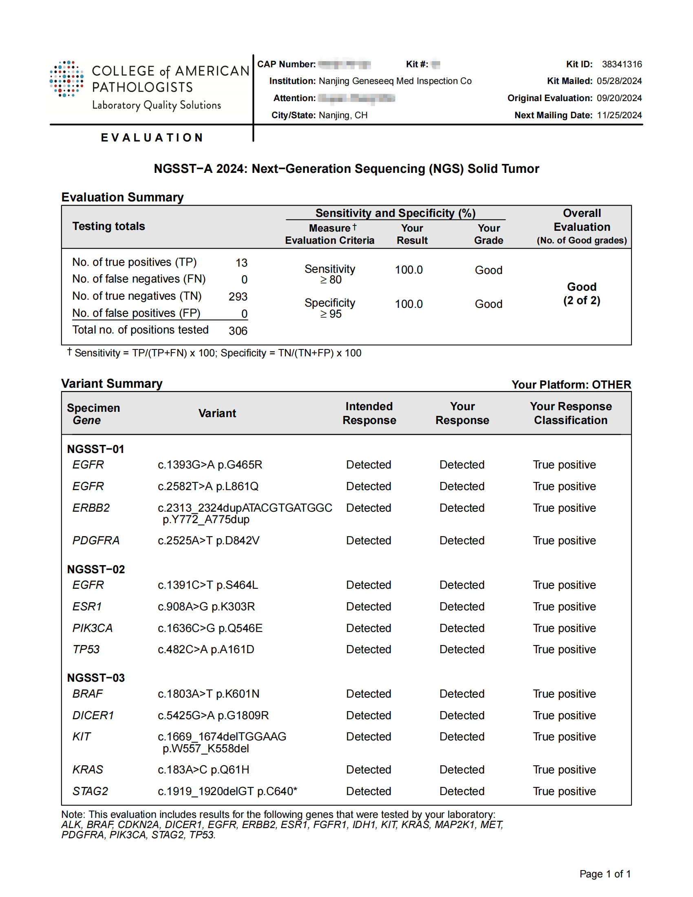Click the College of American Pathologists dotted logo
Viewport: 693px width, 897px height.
click(x=66, y=79)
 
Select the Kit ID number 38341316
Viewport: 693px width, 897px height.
click(x=622, y=64)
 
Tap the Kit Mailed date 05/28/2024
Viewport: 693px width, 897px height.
click(x=619, y=81)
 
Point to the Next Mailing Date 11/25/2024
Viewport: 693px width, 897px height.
click(x=619, y=115)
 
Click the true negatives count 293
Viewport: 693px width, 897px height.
click(x=238, y=296)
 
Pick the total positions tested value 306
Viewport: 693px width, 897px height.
click(x=238, y=331)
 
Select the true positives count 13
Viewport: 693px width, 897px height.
click(x=241, y=263)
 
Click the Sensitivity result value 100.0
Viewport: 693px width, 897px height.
click(x=408, y=270)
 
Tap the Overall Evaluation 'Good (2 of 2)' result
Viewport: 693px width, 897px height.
click(x=581, y=294)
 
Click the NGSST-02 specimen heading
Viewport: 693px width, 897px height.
click(x=96, y=569)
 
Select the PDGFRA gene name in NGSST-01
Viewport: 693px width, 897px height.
click(x=96, y=541)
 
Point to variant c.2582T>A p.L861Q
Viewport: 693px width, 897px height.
click(x=208, y=486)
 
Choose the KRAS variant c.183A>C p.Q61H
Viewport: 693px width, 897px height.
click(x=203, y=770)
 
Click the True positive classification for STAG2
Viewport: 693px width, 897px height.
click(x=564, y=791)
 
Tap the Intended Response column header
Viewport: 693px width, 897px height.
click(x=369, y=413)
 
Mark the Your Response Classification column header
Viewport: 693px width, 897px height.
click(x=570, y=413)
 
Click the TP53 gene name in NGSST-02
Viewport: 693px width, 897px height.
click(x=86, y=650)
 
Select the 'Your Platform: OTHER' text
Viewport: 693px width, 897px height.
click(x=571, y=385)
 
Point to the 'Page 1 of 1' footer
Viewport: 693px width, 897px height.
click(x=605, y=874)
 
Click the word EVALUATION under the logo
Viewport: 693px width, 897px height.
click(x=152, y=137)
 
